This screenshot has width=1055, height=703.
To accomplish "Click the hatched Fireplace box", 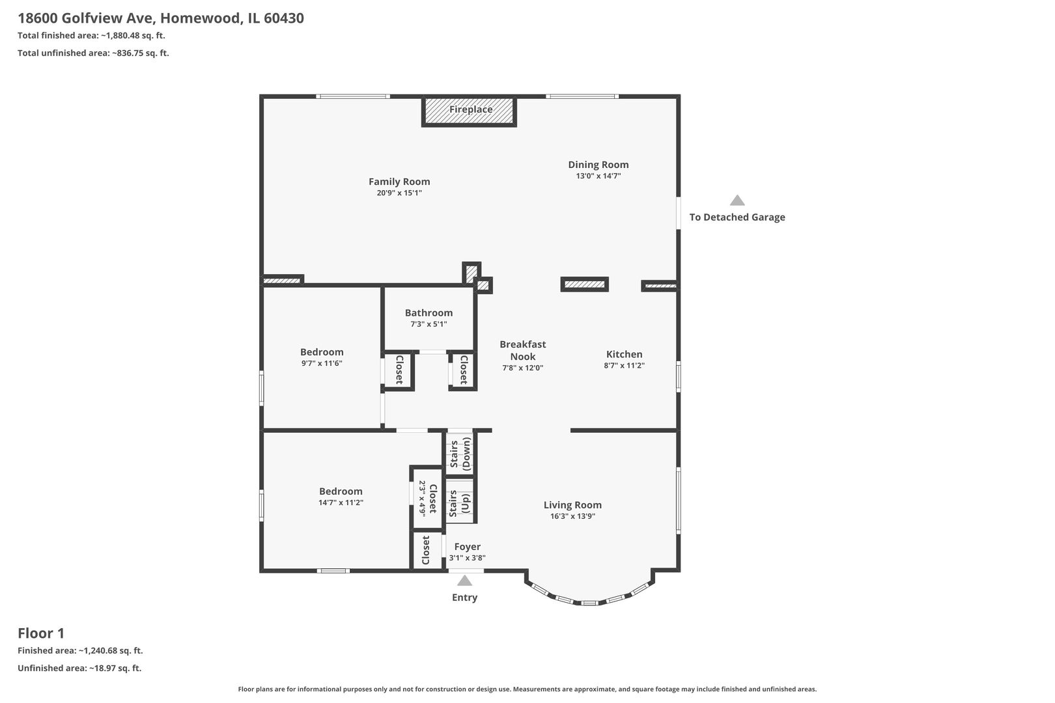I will [x=469, y=111].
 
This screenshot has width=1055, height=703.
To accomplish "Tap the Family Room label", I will [x=399, y=182].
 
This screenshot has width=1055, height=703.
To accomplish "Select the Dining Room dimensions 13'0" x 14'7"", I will [x=598, y=176].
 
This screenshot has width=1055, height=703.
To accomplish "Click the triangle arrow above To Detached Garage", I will [x=737, y=200].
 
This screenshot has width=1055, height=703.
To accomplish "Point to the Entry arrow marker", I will [x=464, y=581].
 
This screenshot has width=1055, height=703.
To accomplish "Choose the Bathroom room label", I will [x=429, y=312].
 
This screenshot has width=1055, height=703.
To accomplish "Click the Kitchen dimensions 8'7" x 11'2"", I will [x=624, y=366].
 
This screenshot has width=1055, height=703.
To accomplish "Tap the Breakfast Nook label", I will [x=522, y=350].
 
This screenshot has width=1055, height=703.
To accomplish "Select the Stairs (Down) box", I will [x=460, y=454].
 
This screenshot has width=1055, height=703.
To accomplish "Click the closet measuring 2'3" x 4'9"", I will [x=427, y=498].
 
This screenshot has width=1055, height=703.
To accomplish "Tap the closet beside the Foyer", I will [x=426, y=551].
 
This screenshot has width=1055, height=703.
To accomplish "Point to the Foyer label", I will [x=467, y=547].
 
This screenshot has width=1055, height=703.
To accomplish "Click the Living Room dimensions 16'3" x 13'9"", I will [x=572, y=516].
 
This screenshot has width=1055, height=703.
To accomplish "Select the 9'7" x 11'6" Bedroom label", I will [x=322, y=352].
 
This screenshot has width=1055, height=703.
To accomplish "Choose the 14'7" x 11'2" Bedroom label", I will [x=341, y=491].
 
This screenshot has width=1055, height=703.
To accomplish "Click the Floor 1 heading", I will [x=41, y=633].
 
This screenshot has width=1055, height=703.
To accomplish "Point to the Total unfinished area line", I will [x=93, y=53].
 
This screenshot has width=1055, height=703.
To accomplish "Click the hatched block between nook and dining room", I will [x=584, y=284].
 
